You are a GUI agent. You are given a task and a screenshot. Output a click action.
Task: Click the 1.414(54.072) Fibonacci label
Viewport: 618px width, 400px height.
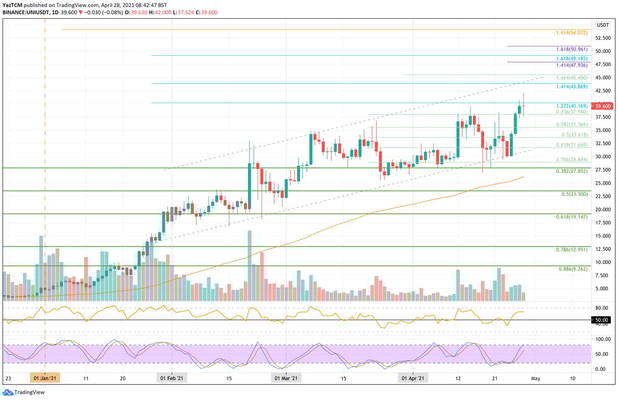pos(572,32)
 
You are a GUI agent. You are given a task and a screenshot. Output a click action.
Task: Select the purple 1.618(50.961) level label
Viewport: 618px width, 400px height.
pos(572,48)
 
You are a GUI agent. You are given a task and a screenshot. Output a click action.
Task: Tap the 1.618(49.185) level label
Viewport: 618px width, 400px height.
pos(572,58)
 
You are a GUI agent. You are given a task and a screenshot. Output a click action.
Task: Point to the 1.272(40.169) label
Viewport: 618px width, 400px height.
pos(572,106)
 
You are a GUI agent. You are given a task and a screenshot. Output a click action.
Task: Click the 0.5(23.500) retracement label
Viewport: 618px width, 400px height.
pos(574,194)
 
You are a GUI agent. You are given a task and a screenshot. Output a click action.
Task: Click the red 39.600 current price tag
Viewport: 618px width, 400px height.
pos(603,106)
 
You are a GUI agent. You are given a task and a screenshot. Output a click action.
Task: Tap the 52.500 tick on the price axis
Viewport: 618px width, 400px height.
pos(603,38)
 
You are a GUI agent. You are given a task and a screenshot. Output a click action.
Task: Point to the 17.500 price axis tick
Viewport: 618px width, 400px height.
pos(603,222)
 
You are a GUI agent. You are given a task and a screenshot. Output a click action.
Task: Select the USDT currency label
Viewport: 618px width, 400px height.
pos(603,25)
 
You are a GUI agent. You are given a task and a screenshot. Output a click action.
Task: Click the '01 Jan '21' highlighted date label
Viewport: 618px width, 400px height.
pos(45,378)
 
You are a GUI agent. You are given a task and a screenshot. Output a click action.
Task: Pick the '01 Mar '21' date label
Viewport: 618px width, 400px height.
pos(287,378)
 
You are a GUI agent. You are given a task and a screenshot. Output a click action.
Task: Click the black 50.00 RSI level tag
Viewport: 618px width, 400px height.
pos(602,320)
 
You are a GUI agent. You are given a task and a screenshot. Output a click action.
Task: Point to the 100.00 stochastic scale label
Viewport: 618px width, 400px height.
pos(602,339)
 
